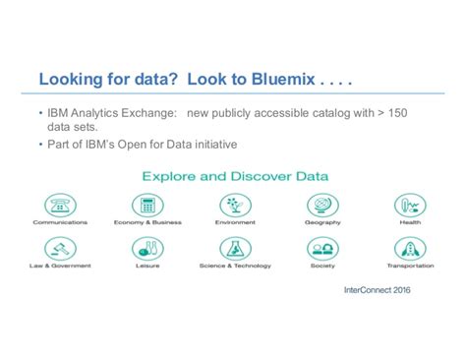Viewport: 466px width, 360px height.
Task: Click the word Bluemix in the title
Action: pyautogui.click(x=278, y=79)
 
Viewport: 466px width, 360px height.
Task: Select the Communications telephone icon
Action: pyautogui.click(x=61, y=206)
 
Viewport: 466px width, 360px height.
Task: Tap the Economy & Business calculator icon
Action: pyautogui.click(x=147, y=206)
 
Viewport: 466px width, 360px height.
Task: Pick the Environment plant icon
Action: pyautogui.click(x=234, y=206)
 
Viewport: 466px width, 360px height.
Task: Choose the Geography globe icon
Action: pyautogui.click(x=321, y=206)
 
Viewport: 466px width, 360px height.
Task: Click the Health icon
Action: pyautogui.click(x=409, y=206)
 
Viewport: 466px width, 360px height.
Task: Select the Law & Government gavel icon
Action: pyautogui.click(x=61, y=249)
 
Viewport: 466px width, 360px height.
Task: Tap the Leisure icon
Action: pyautogui.click(x=147, y=249)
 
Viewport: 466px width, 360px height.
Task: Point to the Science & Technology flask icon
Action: pyautogui.click(x=234, y=249)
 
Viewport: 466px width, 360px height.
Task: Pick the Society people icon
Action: pyautogui.click(x=321, y=249)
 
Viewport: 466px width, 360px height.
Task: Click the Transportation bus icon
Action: pyautogui.click(x=409, y=249)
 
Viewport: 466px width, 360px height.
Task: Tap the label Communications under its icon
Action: pyautogui.click(x=61, y=223)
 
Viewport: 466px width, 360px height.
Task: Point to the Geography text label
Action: pyautogui.click(x=321, y=223)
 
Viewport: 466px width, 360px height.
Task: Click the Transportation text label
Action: pyautogui.click(x=409, y=266)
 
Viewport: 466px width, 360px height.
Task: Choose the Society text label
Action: pyautogui.click(x=321, y=266)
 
